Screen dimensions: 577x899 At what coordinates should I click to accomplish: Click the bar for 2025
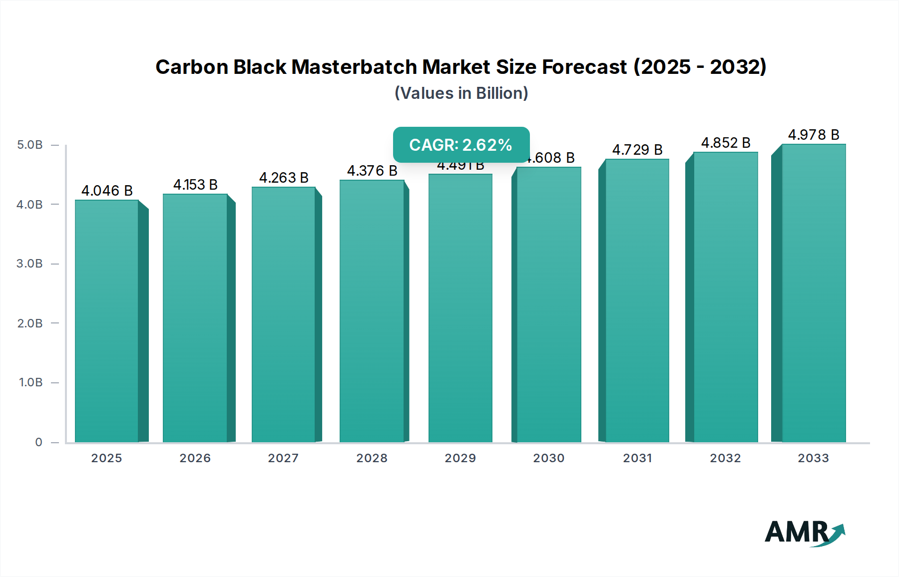click(x=106, y=321)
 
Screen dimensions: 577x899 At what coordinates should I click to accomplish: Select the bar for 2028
click(x=372, y=311)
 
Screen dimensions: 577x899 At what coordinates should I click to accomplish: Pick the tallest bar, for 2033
click(x=813, y=293)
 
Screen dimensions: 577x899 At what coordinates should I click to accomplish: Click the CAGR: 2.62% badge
click(x=461, y=145)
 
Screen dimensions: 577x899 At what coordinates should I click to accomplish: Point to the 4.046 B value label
click(x=107, y=191)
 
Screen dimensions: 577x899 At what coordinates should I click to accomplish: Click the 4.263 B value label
click(x=284, y=178)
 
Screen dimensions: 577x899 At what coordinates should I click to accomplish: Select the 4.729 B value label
click(x=637, y=150)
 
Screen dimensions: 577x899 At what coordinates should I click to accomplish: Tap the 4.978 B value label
click(x=814, y=135)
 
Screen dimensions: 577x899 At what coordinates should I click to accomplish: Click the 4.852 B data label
click(x=726, y=143)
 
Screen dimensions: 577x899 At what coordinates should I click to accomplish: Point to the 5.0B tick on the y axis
click(x=30, y=145)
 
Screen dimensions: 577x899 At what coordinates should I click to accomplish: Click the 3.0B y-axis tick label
click(x=30, y=264)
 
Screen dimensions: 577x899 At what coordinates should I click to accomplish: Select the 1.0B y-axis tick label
click(x=31, y=382)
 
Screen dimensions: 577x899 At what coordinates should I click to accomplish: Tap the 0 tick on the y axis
click(x=38, y=442)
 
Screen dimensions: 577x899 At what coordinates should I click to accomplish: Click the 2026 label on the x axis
click(x=195, y=458)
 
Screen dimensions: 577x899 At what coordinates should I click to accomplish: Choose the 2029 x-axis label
click(x=460, y=458)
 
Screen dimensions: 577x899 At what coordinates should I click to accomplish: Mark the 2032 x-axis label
click(x=725, y=458)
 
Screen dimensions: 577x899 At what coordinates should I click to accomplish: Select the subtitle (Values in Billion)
click(x=461, y=93)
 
